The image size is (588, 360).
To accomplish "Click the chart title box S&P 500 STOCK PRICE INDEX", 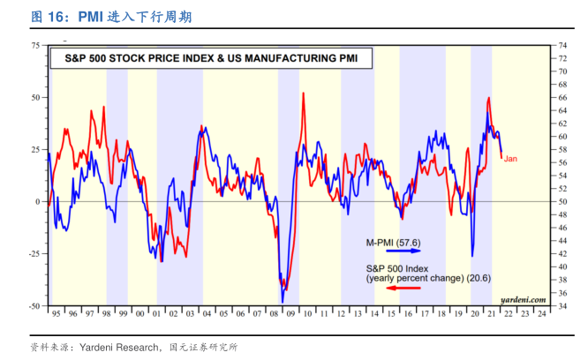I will click(208, 60).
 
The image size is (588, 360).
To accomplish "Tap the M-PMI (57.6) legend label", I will click(394, 241).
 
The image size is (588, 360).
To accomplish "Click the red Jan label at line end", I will click(510, 158).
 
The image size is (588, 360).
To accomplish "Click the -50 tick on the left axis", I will click(34, 305).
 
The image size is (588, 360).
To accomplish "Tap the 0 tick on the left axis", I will click(37, 201).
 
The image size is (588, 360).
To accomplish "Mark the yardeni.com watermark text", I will click(522, 300).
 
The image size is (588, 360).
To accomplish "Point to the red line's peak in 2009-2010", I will click(304, 93).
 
